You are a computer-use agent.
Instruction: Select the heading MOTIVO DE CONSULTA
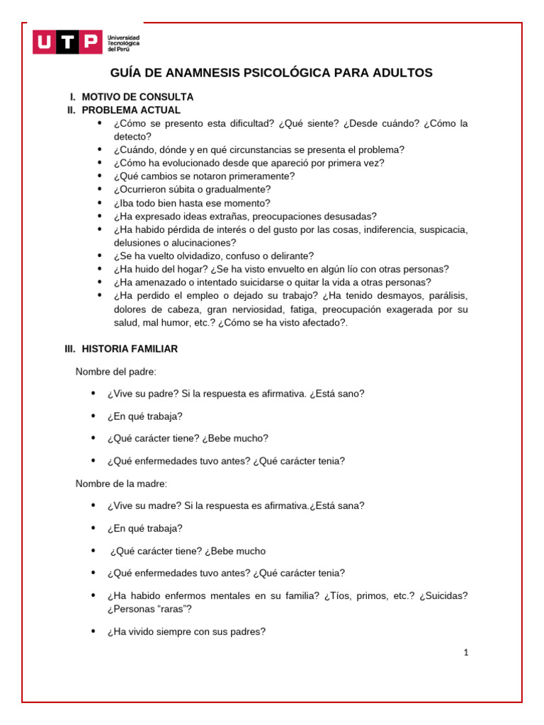pos(137,97)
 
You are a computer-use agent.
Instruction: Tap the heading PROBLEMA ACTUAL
pos(131,110)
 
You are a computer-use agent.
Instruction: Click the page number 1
pos(465,653)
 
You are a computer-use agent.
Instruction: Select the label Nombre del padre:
pos(116,372)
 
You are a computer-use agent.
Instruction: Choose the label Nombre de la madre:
pos(121,484)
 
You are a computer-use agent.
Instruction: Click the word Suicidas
pos(443,595)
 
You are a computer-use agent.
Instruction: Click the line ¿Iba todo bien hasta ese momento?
pos(192,203)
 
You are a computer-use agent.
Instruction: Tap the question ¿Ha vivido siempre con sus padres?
pos(186,632)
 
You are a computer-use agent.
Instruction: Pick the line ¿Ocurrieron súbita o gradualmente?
pos(192,190)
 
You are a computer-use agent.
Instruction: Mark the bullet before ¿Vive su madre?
pos(93,506)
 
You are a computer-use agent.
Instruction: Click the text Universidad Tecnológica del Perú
pos(123,42)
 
